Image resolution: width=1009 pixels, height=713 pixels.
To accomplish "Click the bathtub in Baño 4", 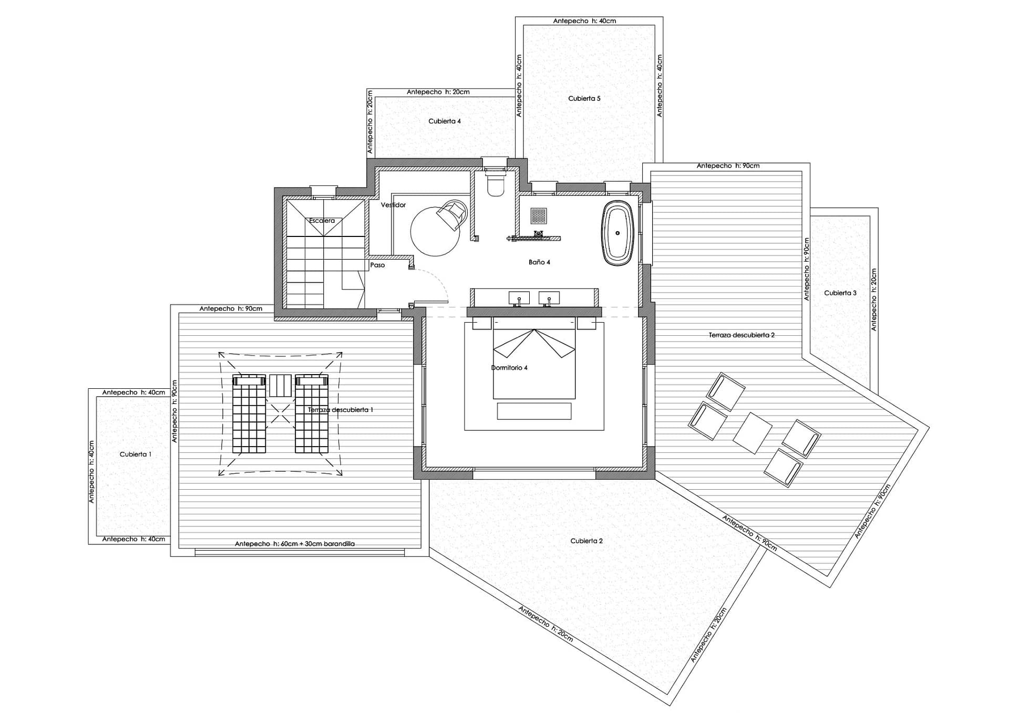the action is point(617,233).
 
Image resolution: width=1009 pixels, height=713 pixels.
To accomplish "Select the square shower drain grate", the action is point(539,215).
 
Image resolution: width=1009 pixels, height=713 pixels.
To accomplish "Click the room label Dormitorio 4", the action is point(509,368).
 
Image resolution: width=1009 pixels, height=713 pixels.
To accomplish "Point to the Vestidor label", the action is point(393,205).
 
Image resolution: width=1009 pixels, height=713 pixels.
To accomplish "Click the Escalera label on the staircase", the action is point(322,221).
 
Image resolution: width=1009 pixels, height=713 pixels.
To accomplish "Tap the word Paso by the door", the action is point(377,265).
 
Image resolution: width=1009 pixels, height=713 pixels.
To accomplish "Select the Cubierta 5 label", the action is point(584,98).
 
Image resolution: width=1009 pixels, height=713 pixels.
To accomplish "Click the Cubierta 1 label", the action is point(136,454).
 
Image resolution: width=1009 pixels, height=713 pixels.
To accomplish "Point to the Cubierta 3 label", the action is point(840,293).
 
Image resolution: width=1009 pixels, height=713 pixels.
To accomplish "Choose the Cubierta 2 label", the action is point(586,541).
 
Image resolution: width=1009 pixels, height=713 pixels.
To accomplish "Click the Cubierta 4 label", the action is point(445,121).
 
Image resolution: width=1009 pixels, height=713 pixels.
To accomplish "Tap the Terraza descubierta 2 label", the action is point(742,335).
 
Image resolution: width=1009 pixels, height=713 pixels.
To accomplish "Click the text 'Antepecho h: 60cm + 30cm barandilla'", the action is point(295,544).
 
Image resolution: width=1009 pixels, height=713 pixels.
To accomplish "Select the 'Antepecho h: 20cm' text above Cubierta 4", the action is point(438,92).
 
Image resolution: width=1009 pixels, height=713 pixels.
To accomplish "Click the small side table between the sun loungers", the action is point(280,385).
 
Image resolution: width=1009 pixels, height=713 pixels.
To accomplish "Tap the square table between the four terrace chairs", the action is point(752,433).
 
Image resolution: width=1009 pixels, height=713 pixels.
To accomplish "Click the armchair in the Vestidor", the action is point(452,214).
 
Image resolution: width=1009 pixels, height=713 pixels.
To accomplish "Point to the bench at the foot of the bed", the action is point(534,411).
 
